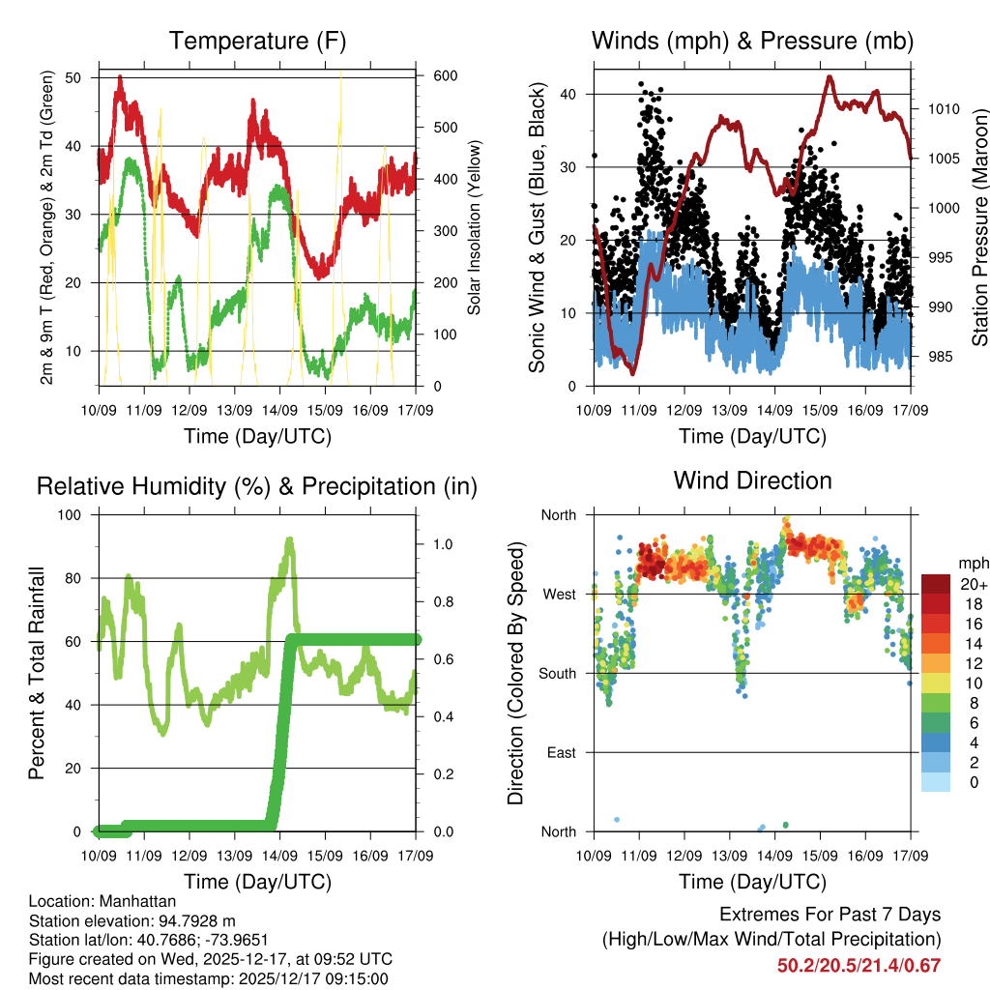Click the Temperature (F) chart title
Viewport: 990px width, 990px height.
click(257, 41)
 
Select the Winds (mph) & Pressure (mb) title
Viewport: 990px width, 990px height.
click(752, 41)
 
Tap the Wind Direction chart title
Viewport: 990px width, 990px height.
click(752, 480)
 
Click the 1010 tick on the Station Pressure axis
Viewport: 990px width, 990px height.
click(942, 109)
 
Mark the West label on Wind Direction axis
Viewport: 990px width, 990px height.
click(558, 594)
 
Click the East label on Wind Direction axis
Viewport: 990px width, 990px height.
click(560, 752)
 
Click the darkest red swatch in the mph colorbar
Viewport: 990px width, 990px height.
click(937, 584)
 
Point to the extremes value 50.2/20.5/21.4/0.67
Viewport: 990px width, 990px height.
click(859, 965)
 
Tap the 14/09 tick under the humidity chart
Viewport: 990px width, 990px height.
click(280, 856)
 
